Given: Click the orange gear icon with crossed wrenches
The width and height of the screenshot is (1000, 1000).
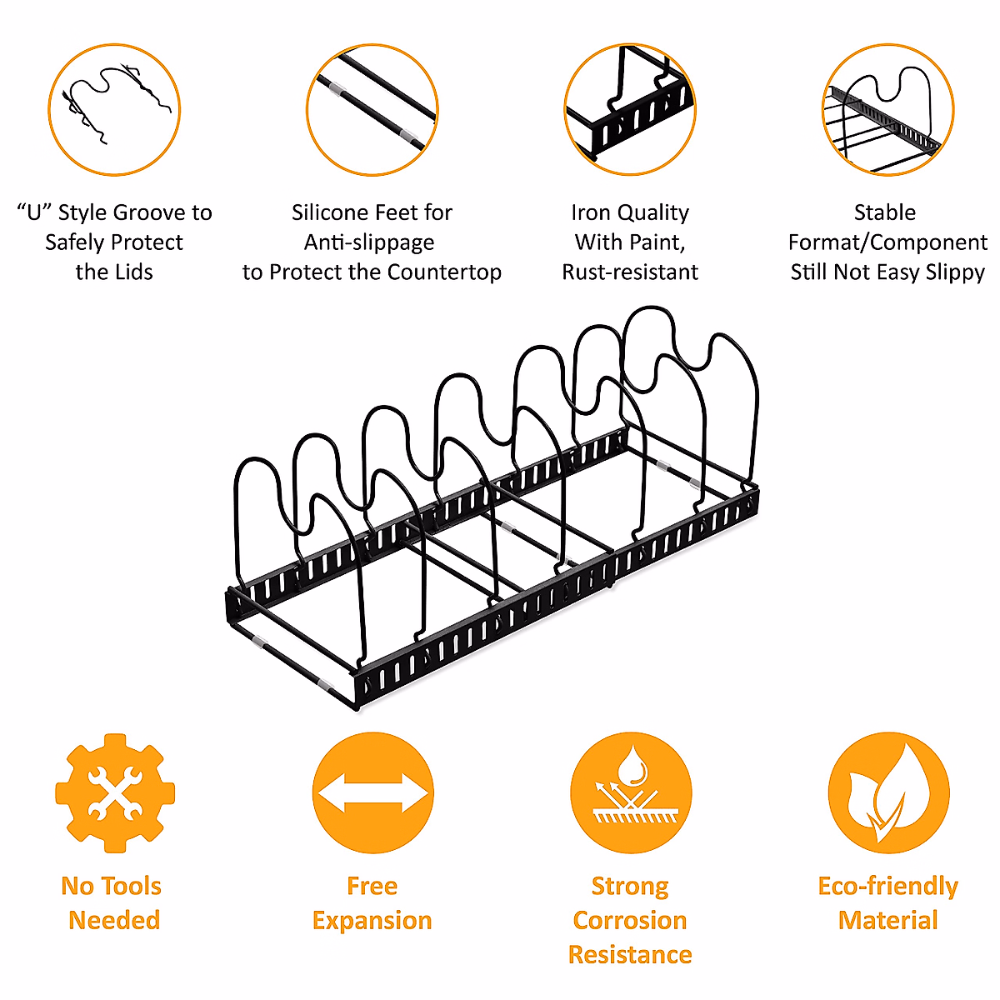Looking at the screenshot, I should pos(115,792).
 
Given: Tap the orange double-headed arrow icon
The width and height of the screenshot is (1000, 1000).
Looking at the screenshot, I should pos(372,792).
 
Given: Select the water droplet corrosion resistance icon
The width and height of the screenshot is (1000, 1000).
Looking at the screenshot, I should pos(631,792).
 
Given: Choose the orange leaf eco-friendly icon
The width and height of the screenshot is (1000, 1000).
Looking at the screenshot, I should pos(888,792).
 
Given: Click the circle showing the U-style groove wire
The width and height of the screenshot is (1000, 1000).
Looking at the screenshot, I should pos(114,110).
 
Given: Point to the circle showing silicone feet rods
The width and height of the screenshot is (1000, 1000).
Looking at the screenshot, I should pos(372,110).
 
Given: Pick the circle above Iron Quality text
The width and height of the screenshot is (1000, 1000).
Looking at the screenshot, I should pos(630,110).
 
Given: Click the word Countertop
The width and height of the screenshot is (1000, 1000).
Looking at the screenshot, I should pos(444,272).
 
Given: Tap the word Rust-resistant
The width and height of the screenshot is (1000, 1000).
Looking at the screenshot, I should pos(630,272).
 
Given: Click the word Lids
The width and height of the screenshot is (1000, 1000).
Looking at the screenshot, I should pos(133,272).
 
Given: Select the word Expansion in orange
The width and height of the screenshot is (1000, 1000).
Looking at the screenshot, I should pos(372,920).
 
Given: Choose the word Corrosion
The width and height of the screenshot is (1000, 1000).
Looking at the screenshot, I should pos(630,920).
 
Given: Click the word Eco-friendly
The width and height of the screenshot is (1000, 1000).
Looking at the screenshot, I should pos(888,886).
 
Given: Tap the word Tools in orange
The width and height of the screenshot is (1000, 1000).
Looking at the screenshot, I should pos(131,886).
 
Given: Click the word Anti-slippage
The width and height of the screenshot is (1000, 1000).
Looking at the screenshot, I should pos(369,242).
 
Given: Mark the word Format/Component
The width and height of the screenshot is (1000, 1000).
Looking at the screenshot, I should pos(888,242).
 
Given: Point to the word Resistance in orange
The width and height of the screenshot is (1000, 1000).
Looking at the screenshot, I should pos(630,954).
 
